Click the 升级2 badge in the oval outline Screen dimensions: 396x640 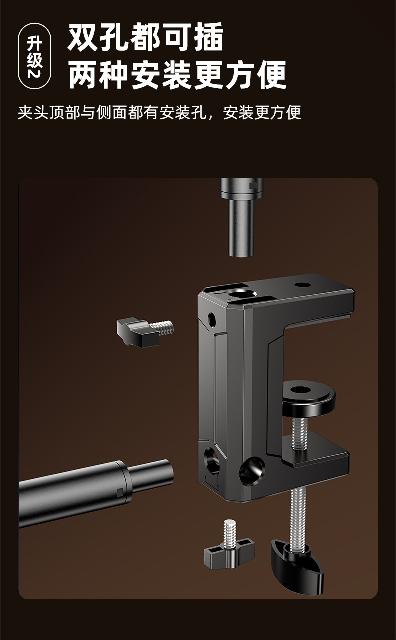click(34, 56)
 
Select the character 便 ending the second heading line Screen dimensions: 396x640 click(271, 75)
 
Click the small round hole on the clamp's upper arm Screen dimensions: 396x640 click(302, 285)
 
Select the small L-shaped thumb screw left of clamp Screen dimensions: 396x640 click(145, 332)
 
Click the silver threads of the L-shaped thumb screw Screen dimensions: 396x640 click(162, 328)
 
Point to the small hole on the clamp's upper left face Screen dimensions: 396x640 click(212, 319)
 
